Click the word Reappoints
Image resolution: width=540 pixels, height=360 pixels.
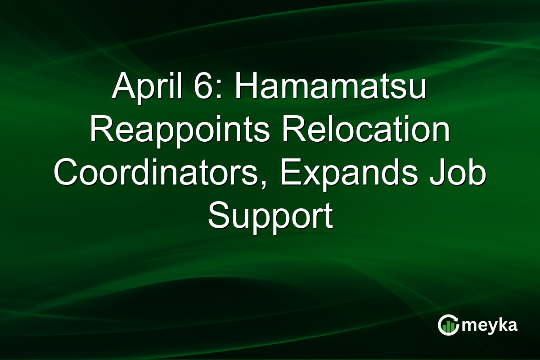coord(180,131)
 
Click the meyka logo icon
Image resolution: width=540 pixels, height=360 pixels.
coord(447,325)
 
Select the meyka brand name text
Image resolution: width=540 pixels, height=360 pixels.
coord(488,325)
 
